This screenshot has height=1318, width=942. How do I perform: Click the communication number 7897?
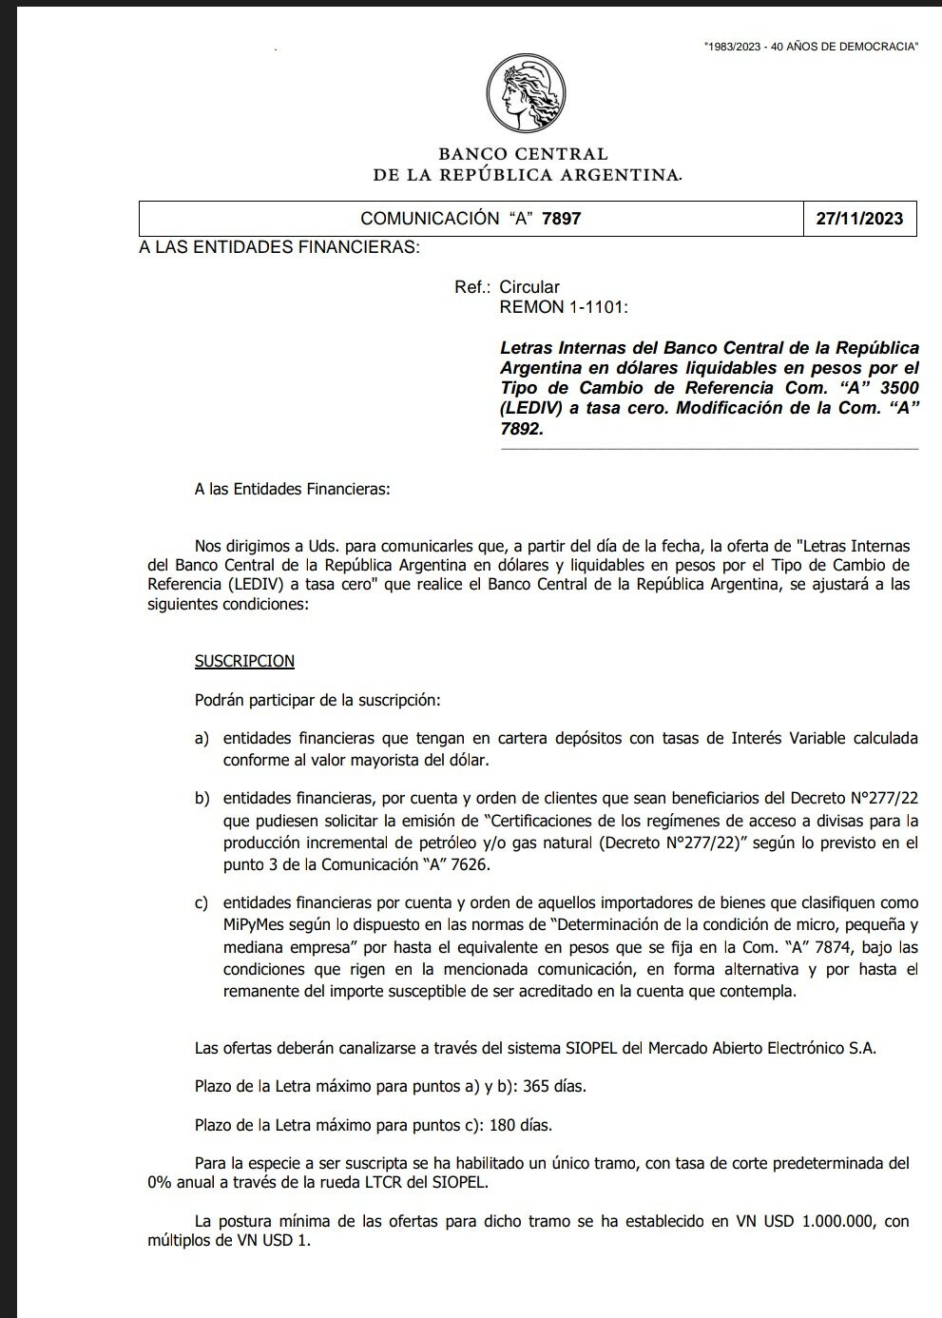point(561,219)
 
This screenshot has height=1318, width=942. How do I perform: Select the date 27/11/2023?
point(859,219)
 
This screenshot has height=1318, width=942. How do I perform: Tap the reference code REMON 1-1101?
point(564,307)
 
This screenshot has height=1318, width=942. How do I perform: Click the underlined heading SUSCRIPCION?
point(244,661)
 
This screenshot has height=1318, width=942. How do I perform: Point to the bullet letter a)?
point(202,739)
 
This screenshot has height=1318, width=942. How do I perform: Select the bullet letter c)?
point(202,903)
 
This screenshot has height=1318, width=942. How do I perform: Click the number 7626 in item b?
point(471,864)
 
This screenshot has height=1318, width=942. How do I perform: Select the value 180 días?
point(520,1125)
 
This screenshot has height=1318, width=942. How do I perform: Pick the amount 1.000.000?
point(837,1222)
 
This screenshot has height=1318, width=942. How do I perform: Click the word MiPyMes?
point(254,925)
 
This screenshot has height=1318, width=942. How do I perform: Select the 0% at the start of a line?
point(161,1183)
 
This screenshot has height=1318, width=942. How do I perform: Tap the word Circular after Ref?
point(529,287)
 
